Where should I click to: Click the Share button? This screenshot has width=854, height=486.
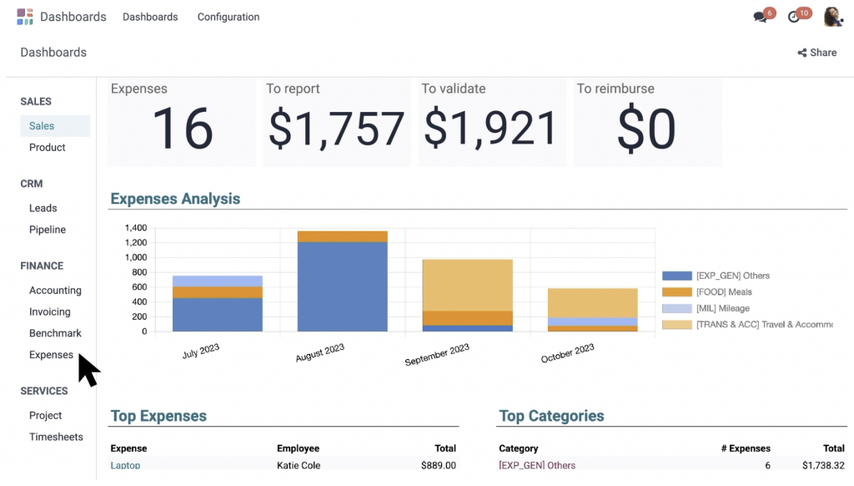click(816, 52)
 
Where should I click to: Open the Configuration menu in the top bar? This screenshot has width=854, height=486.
click(228, 17)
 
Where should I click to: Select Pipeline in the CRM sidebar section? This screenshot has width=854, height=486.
click(48, 230)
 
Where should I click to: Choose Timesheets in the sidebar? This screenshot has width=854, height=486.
click(56, 437)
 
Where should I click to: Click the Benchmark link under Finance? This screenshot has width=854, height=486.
click(55, 333)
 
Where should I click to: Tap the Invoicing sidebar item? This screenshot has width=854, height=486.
click(50, 311)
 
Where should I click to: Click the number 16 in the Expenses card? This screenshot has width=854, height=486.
click(182, 129)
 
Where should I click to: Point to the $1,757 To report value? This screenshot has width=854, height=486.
click(336, 129)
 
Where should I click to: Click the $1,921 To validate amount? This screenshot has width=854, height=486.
click(490, 129)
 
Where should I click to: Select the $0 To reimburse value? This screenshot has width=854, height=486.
click(646, 129)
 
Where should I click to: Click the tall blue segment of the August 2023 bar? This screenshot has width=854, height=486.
click(342, 284)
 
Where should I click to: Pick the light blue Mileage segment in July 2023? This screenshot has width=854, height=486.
click(217, 281)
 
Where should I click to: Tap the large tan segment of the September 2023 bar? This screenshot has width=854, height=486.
click(467, 284)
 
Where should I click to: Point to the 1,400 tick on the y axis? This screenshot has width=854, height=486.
click(135, 228)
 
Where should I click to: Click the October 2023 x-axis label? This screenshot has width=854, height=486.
click(568, 353)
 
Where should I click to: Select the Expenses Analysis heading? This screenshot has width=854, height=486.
click(175, 199)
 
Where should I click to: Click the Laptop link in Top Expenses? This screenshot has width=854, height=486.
click(125, 465)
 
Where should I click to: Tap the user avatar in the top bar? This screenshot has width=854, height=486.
click(832, 17)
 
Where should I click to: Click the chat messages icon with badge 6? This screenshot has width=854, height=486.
click(761, 17)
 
